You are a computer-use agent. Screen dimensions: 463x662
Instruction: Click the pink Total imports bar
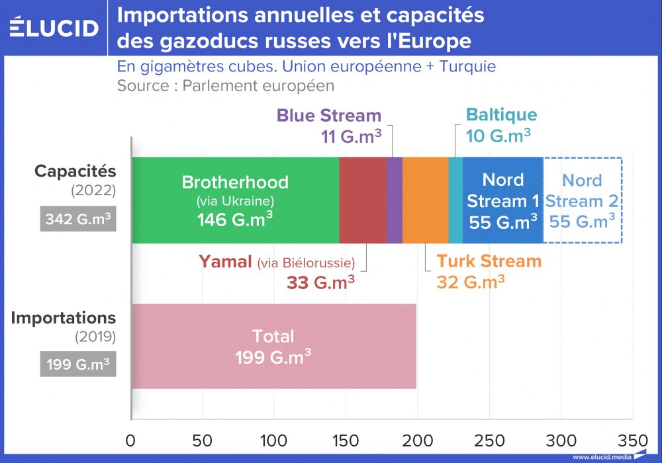click(273, 346)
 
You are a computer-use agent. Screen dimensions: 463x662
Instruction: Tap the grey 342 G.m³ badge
click(78, 218)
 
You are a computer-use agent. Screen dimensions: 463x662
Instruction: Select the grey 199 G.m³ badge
click(78, 364)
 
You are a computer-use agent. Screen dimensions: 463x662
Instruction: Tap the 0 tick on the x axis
click(131, 441)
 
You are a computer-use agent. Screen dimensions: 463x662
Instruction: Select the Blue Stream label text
click(329, 115)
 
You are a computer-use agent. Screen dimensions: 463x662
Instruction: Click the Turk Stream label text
click(489, 261)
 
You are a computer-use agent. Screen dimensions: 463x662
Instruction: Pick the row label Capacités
click(75, 171)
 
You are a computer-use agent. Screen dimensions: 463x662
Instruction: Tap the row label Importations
click(64, 317)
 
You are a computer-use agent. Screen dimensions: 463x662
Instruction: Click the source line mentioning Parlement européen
click(226, 85)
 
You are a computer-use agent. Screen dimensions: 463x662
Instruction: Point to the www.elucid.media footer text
click(600, 457)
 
